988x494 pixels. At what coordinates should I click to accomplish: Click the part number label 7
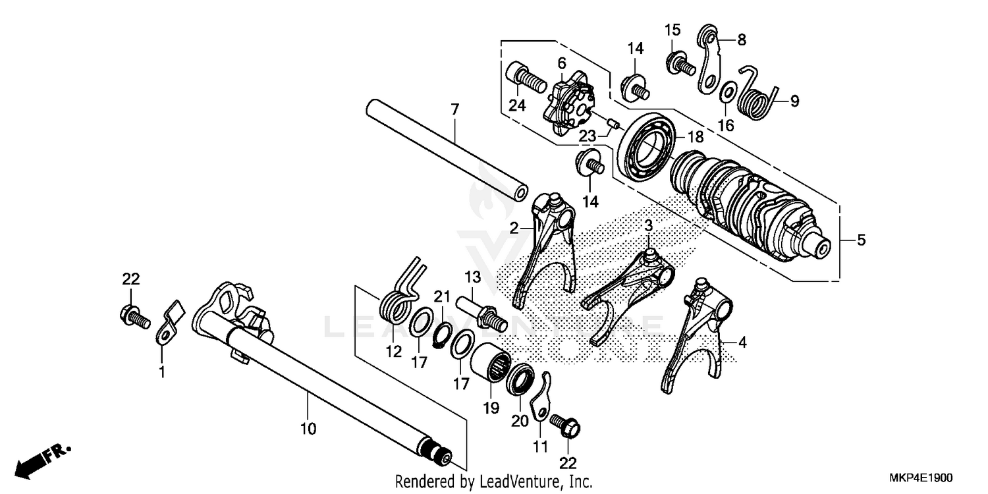pyautogui.click(x=454, y=109)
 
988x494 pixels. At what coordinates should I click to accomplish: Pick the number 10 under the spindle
pyautogui.click(x=308, y=429)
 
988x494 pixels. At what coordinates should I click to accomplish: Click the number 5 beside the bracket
pyautogui.click(x=861, y=240)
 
